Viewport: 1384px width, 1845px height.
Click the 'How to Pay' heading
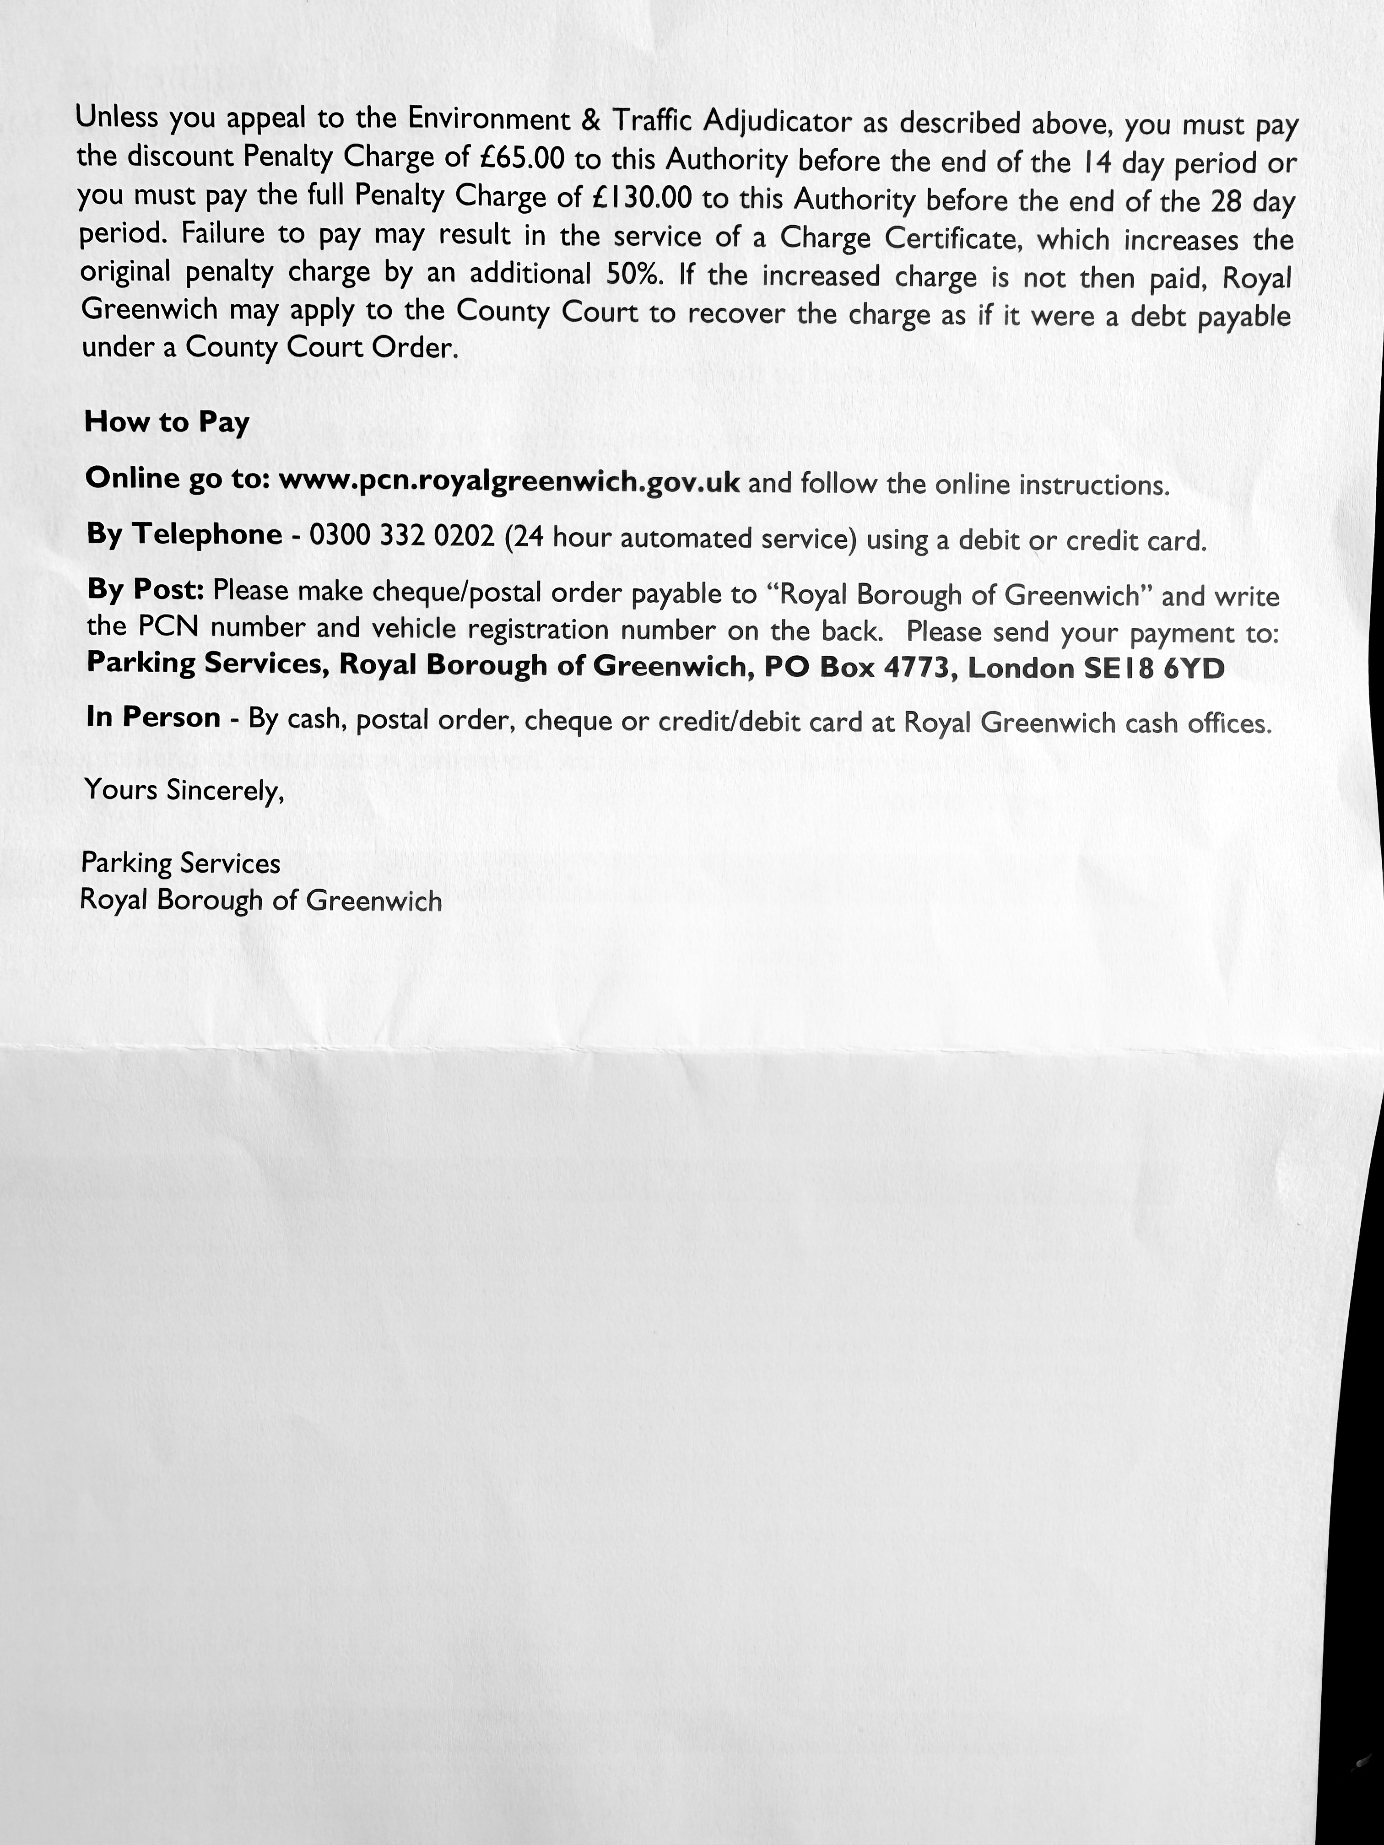[167, 422]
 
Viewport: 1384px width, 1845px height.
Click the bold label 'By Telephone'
[184, 534]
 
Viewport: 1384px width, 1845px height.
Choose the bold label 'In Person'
[153, 717]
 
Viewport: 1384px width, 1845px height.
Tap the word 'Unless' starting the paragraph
[117, 117]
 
